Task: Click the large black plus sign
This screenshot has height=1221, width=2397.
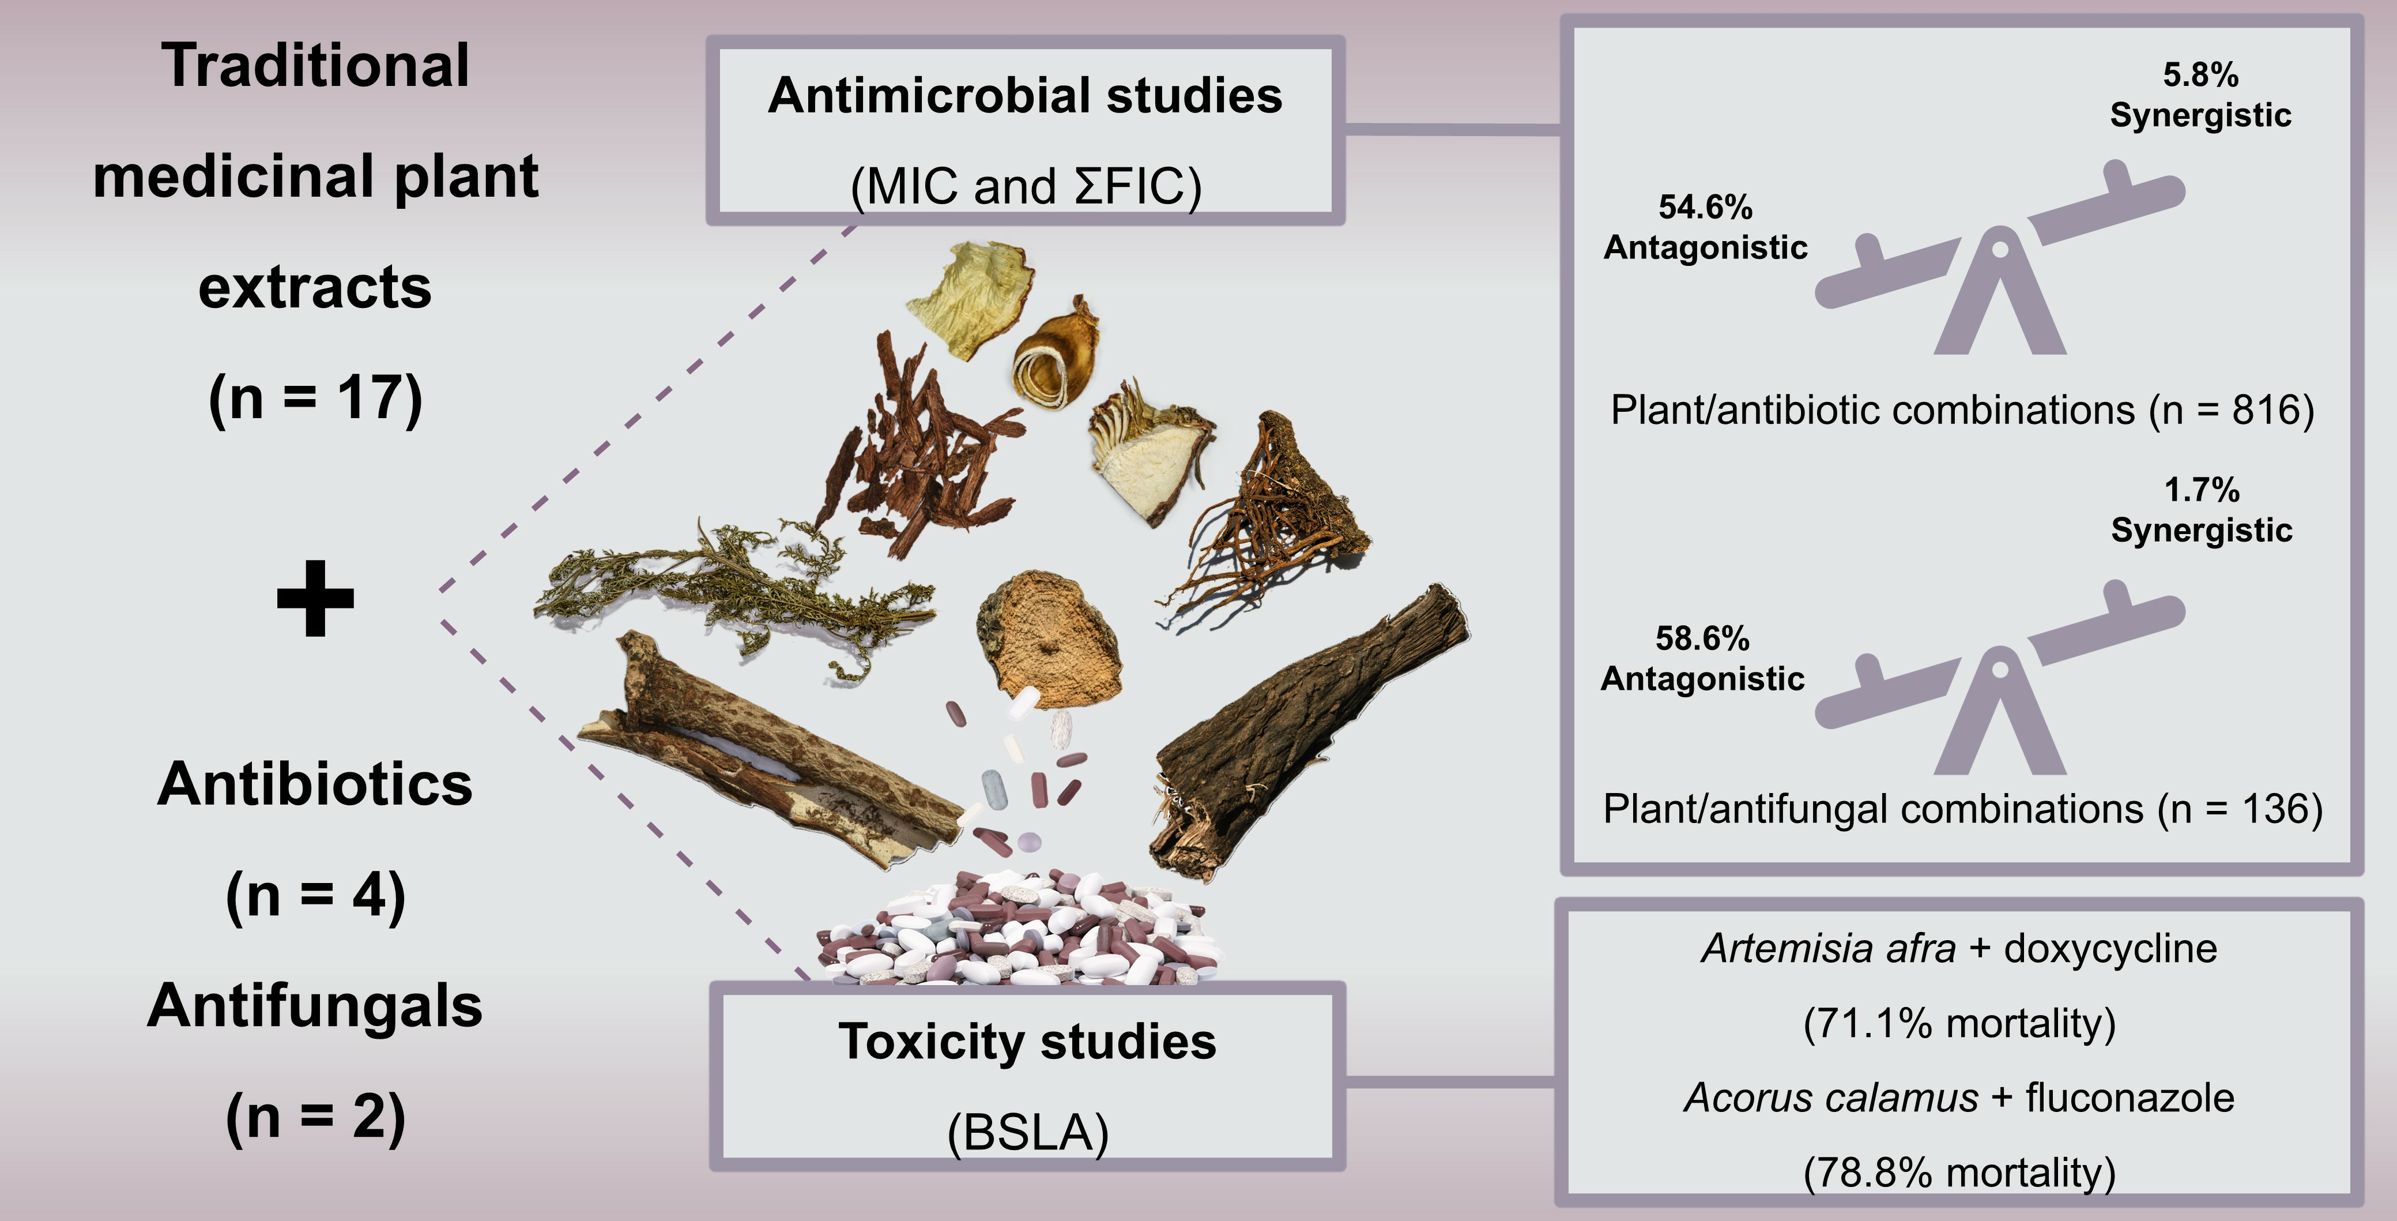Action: click(x=315, y=599)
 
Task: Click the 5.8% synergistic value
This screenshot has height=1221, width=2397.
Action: click(x=2200, y=74)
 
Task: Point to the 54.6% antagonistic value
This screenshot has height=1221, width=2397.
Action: click(x=1705, y=206)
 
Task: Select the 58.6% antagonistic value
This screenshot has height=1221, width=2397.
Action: click(x=1702, y=638)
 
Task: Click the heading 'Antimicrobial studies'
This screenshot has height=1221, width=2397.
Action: click(x=1024, y=96)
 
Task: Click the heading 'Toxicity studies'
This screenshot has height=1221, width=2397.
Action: click(x=1026, y=1042)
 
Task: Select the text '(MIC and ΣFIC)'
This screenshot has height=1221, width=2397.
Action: click(x=1026, y=186)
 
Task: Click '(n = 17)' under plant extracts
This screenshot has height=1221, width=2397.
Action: click(x=315, y=399)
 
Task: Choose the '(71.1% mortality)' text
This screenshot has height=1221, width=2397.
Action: click(x=1959, y=1023)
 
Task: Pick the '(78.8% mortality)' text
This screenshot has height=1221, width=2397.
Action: click(x=1959, y=1171)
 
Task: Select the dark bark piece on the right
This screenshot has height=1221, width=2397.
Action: click(x=1303, y=735)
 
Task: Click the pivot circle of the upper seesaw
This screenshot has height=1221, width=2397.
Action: click(x=1999, y=249)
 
